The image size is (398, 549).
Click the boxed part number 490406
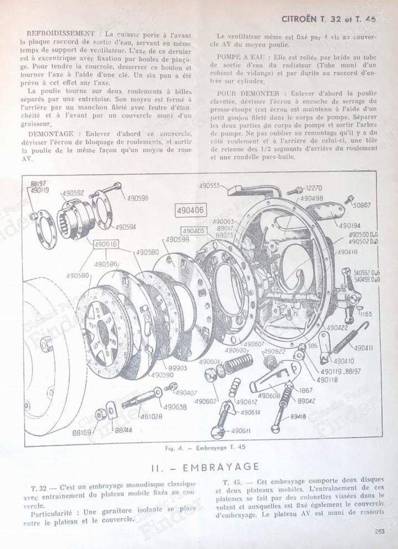190,211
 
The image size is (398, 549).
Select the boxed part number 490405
194,231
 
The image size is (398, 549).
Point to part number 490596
138,198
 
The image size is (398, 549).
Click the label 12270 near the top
314,188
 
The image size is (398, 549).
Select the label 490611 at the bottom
241,431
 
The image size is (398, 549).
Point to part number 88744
124,430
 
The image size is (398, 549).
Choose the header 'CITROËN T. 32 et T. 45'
328,20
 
